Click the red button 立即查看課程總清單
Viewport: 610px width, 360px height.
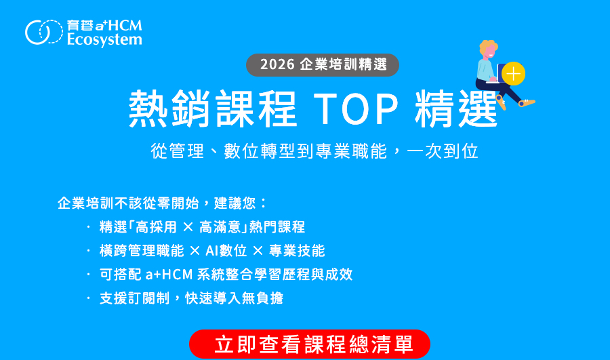(310, 344)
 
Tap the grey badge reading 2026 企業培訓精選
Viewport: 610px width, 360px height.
(323, 64)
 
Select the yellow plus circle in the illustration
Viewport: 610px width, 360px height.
(514, 73)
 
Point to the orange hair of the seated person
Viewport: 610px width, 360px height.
(488, 49)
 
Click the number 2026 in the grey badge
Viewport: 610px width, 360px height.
(277, 64)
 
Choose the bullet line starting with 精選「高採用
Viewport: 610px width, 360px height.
(202, 227)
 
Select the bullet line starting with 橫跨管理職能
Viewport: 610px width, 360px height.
(211, 251)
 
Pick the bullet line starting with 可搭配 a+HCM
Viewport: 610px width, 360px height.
(226, 275)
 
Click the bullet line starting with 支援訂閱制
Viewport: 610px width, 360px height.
(191, 298)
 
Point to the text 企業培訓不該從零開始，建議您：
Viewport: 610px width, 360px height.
(163, 203)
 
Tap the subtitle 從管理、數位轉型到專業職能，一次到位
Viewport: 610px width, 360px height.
(314, 151)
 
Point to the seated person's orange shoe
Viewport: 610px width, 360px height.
(527, 102)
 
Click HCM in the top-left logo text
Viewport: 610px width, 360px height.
(126, 26)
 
